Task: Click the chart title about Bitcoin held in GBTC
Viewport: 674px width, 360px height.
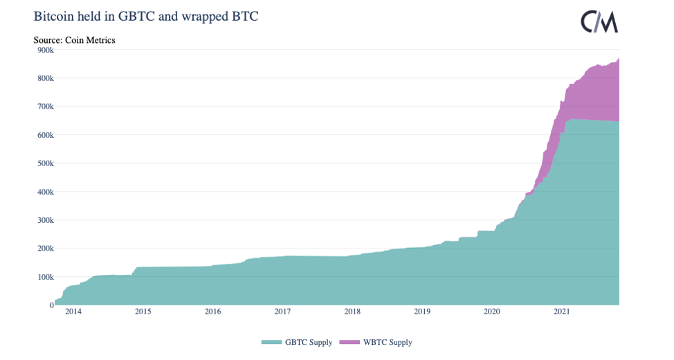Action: pos(146,16)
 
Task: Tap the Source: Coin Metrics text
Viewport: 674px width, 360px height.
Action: pos(74,40)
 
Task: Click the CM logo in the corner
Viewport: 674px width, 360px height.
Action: pos(599,22)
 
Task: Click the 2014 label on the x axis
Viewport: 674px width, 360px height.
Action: pos(73,312)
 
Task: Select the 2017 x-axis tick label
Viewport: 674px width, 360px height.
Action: pos(282,312)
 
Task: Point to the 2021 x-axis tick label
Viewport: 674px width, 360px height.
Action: pos(561,312)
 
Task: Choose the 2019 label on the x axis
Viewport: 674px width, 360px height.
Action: pos(422,312)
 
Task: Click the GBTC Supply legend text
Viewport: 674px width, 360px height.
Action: pos(309,343)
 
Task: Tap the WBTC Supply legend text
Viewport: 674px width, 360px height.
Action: pos(388,343)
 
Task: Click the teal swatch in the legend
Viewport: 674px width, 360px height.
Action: pos(271,343)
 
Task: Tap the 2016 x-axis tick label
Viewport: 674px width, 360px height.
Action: pos(212,312)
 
